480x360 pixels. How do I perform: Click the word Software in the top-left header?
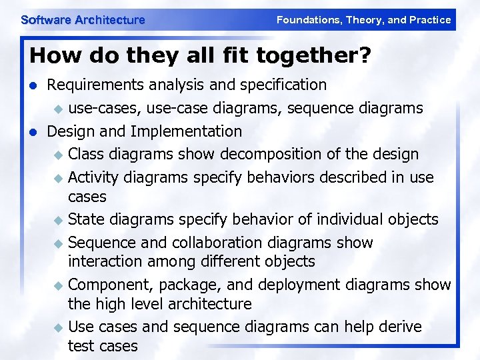pyautogui.click(x=46, y=20)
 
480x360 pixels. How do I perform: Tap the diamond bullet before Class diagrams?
pyautogui.click(x=59, y=155)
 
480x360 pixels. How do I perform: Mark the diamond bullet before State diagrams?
pyautogui.click(x=59, y=221)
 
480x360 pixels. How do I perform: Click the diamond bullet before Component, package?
pyautogui.click(x=59, y=285)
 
